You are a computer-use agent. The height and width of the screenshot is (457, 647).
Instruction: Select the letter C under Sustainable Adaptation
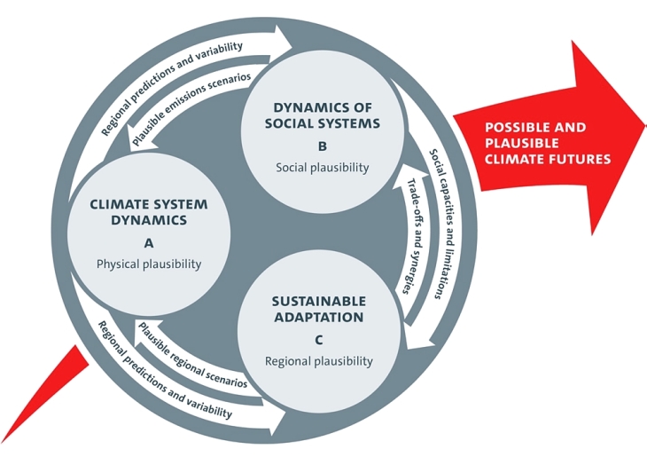(319, 339)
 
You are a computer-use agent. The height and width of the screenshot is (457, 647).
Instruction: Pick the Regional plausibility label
(319, 361)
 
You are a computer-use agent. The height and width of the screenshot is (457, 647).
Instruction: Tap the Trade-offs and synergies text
(412, 235)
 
